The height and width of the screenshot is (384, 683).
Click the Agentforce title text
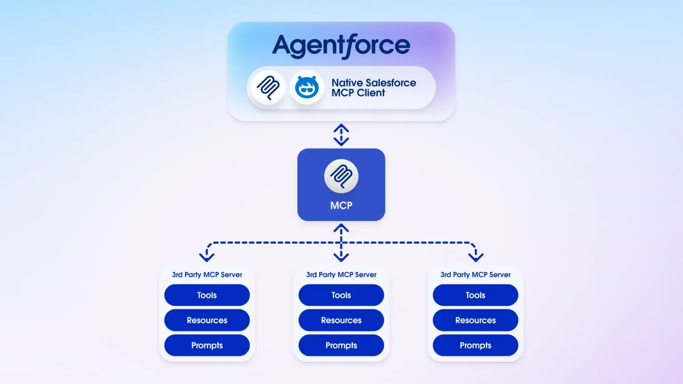click(341, 46)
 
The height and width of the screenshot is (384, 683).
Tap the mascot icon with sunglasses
click(307, 88)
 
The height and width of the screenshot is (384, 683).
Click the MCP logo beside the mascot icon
click(268, 88)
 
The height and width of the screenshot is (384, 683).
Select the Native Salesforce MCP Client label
click(374, 88)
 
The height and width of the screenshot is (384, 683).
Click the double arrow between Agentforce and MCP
click(341, 135)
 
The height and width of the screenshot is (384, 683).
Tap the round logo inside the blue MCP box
click(341, 176)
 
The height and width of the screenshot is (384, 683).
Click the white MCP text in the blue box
click(341, 205)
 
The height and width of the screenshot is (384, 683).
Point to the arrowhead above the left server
click(207, 257)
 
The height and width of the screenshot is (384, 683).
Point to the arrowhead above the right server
click(476, 257)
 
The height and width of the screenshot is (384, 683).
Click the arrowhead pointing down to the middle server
click(341, 257)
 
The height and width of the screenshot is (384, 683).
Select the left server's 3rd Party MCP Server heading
click(207, 275)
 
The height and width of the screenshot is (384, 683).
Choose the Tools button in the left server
click(207, 295)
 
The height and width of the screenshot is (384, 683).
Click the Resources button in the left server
click(207, 320)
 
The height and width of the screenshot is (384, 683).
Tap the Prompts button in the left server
click(207, 345)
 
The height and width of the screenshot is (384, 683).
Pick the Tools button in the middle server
click(341, 295)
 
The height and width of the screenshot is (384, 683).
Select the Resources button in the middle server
click(341, 320)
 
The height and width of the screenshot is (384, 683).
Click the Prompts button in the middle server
click(341, 345)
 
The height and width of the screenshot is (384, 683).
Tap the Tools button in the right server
click(475, 295)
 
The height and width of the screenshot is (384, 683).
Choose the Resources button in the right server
click(475, 320)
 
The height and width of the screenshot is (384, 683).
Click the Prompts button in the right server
click(475, 345)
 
